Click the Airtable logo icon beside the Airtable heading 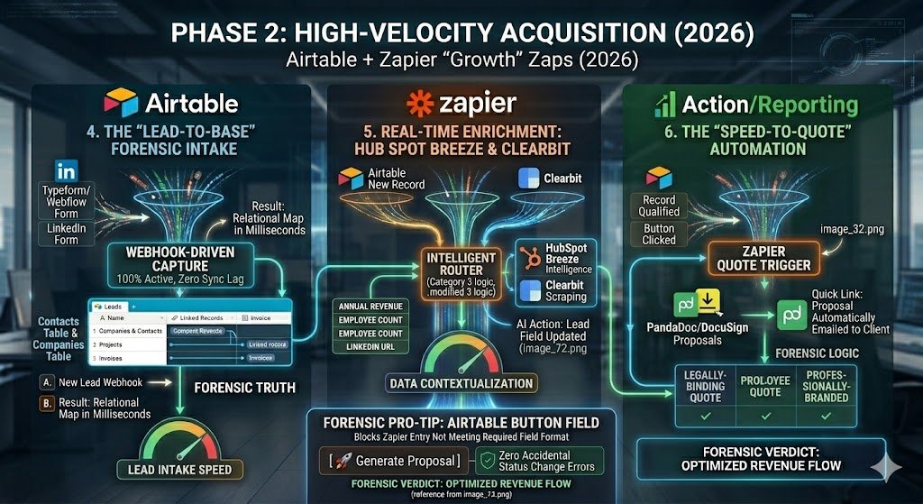click(121, 101)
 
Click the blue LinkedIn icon click(66, 169)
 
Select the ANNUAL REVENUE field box click(371, 307)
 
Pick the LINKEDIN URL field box click(371, 348)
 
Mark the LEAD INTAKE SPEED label click(179, 469)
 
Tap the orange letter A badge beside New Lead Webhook click(46, 382)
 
